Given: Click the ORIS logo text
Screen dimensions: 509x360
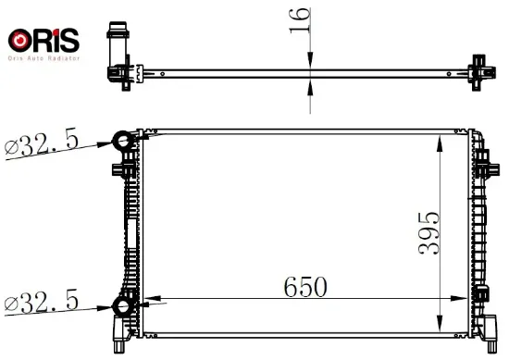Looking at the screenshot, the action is click(x=43, y=41).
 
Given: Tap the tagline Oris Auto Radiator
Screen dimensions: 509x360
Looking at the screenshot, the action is click(x=43, y=58).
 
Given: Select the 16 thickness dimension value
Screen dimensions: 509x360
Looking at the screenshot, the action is click(x=300, y=20).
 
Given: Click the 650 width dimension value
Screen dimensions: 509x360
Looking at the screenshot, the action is click(x=305, y=287).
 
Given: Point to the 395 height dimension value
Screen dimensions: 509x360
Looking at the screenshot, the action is click(x=428, y=232).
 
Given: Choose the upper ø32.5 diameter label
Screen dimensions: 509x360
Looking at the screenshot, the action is click(x=42, y=142).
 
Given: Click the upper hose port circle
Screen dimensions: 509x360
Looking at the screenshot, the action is click(x=123, y=141).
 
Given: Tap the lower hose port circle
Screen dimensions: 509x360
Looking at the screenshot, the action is click(x=123, y=305).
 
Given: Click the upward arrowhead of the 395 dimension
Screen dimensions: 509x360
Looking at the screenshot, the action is click(x=440, y=143).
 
